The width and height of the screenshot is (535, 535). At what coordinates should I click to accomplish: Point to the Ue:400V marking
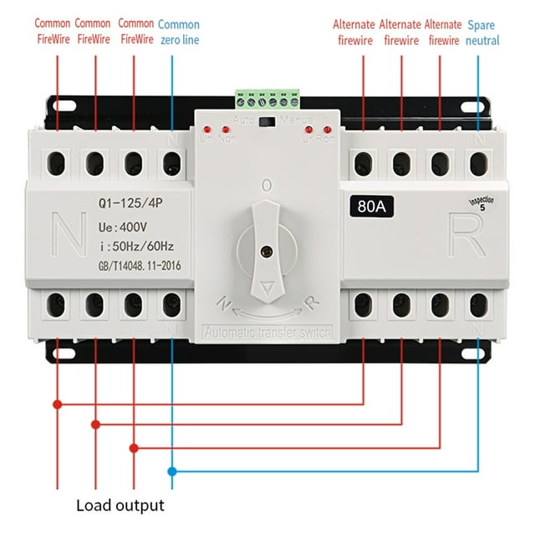pyautogui.click(x=121, y=225)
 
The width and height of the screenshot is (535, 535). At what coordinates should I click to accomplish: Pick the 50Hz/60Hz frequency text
pyautogui.click(x=130, y=246)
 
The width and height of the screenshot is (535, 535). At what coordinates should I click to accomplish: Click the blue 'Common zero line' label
pyautogui.click(x=178, y=31)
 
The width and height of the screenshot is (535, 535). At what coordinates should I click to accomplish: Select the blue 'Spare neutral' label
pyautogui.click(x=483, y=32)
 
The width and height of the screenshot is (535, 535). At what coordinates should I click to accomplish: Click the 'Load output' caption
pyautogui.click(x=120, y=505)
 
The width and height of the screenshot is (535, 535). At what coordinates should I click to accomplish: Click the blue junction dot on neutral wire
pyautogui.click(x=172, y=471)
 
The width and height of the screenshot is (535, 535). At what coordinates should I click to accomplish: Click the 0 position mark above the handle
pyautogui.click(x=266, y=185)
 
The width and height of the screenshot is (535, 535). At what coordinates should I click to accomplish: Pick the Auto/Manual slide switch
pyautogui.click(x=267, y=122)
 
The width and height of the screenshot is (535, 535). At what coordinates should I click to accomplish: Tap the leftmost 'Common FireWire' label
pyautogui.click(x=52, y=31)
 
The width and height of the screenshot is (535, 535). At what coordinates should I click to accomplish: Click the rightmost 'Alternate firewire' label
pyautogui.click(x=443, y=32)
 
